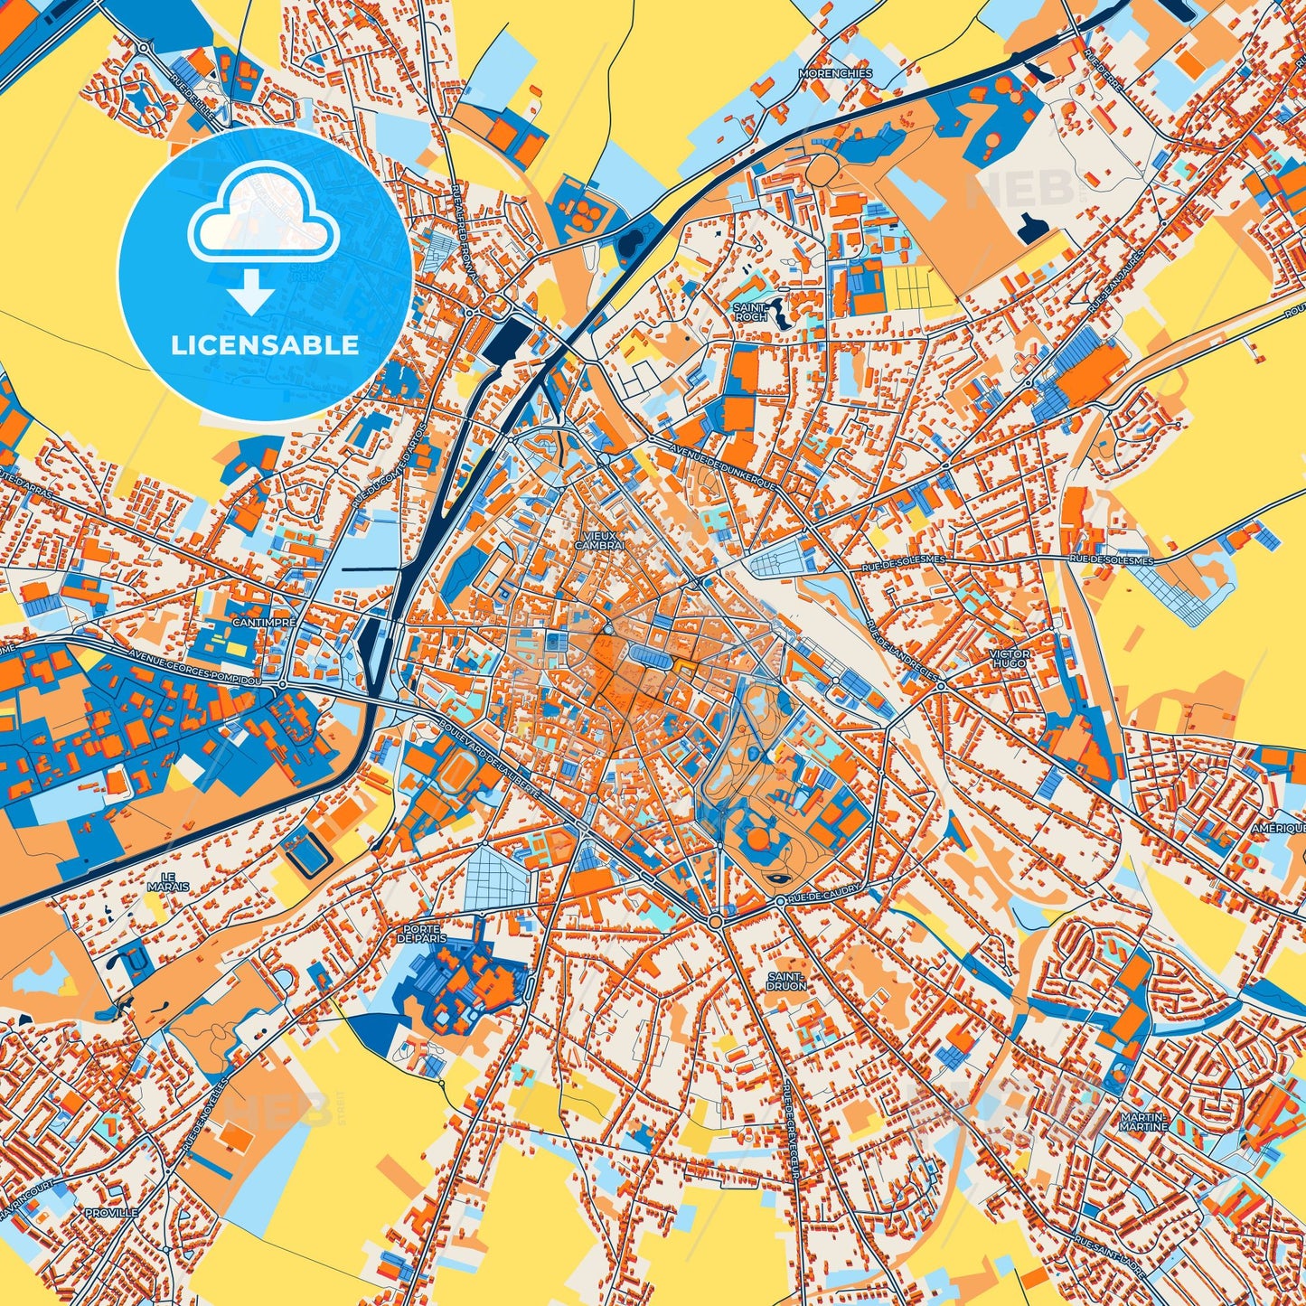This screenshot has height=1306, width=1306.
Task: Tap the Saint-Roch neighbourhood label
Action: pyautogui.click(x=750, y=312)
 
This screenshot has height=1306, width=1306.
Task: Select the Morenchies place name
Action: pyautogui.click(x=834, y=73)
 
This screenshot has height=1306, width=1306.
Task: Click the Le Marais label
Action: pyautogui.click(x=168, y=881)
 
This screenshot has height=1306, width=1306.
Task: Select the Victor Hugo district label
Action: pyautogui.click(x=1009, y=658)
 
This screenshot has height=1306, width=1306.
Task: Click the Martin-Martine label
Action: pyautogui.click(x=1143, y=1122)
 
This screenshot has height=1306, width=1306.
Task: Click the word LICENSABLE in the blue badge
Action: pyautogui.click(x=266, y=345)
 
